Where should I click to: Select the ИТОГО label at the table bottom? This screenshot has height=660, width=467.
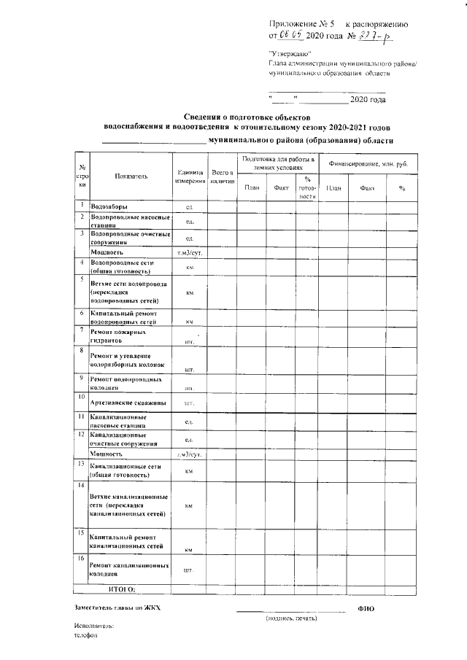[x=122, y=588]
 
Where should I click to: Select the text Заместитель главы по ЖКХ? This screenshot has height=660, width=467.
[x=116, y=607]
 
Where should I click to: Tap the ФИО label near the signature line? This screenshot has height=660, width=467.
[x=366, y=607]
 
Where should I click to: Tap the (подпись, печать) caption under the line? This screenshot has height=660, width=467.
[x=291, y=618]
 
